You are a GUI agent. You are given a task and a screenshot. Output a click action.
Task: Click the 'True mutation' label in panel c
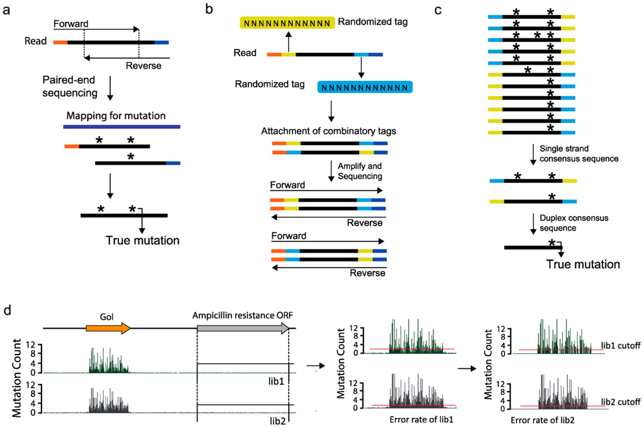[x=583, y=264]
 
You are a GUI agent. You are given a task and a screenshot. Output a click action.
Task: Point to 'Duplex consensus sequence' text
[x=565, y=224]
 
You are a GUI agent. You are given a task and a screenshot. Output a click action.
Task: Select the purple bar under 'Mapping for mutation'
[x=122, y=127]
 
